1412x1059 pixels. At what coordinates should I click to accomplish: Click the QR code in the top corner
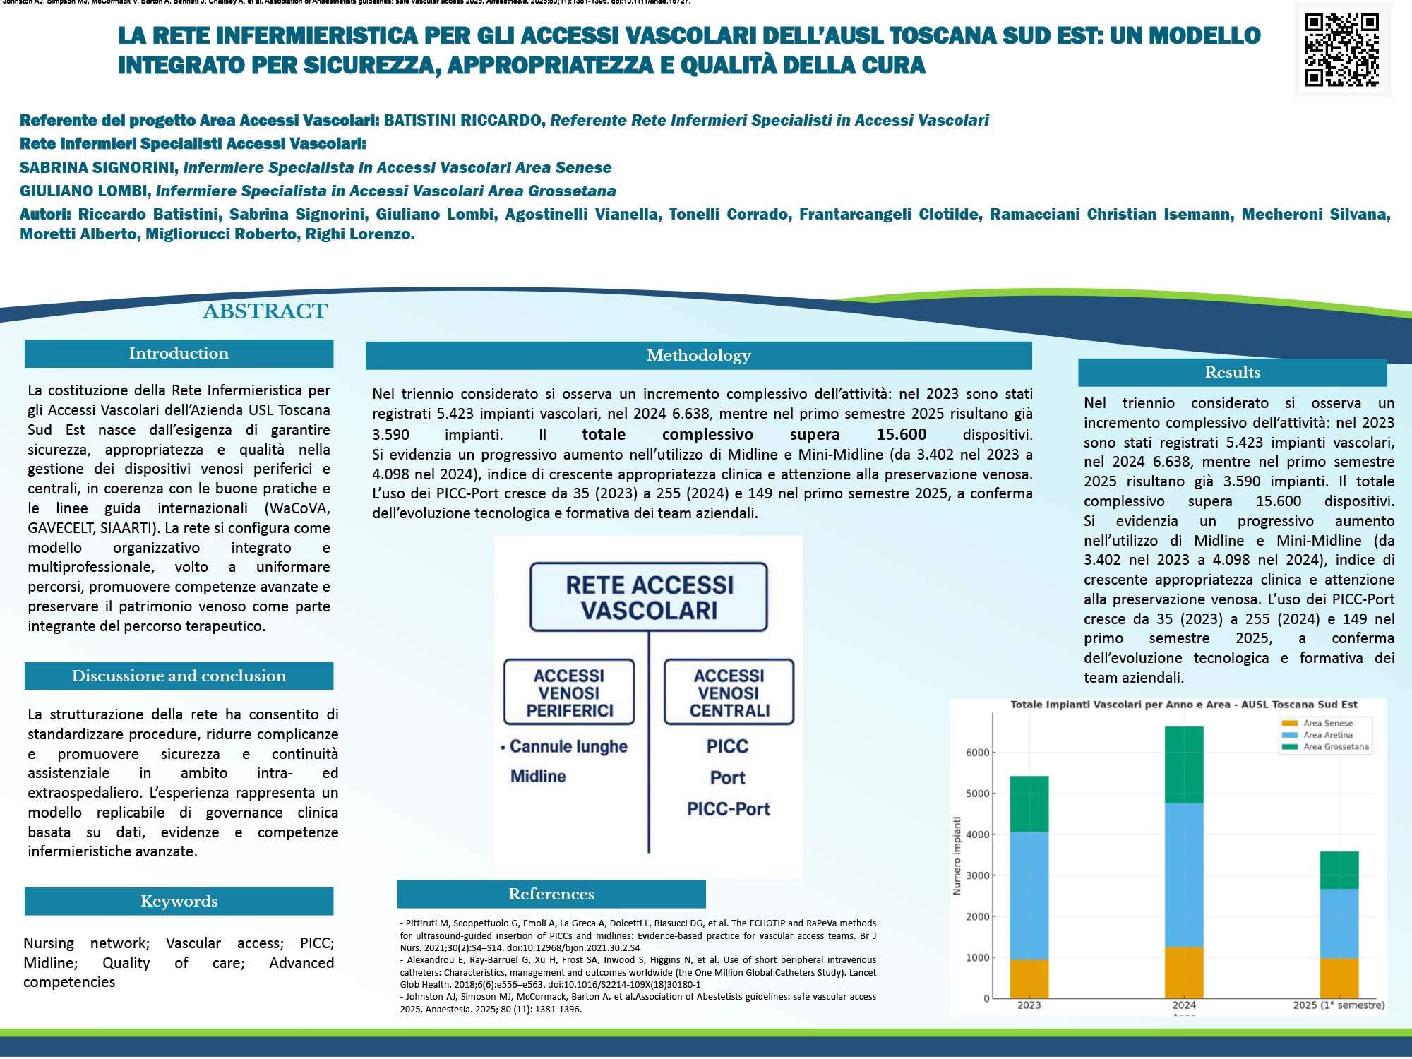(1341, 49)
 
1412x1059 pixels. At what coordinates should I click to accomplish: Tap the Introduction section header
(179, 354)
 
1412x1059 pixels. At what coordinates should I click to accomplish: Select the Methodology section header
(698, 356)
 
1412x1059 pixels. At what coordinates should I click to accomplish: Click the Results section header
(1232, 373)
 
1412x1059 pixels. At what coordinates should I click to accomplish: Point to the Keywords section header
(179, 902)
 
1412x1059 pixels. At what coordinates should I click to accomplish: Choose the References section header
(551, 895)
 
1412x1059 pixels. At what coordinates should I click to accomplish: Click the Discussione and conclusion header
(179, 676)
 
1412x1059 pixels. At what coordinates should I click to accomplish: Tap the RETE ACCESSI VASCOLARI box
(648, 597)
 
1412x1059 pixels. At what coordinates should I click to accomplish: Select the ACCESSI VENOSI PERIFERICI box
(569, 693)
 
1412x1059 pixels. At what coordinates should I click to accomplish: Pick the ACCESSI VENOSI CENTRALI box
(729, 693)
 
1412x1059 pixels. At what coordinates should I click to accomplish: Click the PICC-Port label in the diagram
(728, 809)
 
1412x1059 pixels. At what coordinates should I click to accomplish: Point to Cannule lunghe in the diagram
(568, 747)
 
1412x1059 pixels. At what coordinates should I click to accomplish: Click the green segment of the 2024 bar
(1184, 765)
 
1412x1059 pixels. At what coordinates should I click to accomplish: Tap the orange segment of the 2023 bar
(1029, 979)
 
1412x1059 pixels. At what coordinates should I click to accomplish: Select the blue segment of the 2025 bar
(1339, 923)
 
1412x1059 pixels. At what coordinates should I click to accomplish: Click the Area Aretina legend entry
(1327, 735)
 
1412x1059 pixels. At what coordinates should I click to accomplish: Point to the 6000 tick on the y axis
(977, 753)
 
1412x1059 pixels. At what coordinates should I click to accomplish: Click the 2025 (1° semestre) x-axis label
(1339, 1005)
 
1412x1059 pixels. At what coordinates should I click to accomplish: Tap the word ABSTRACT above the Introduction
(265, 311)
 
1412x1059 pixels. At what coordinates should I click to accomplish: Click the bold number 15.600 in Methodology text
(902, 435)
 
